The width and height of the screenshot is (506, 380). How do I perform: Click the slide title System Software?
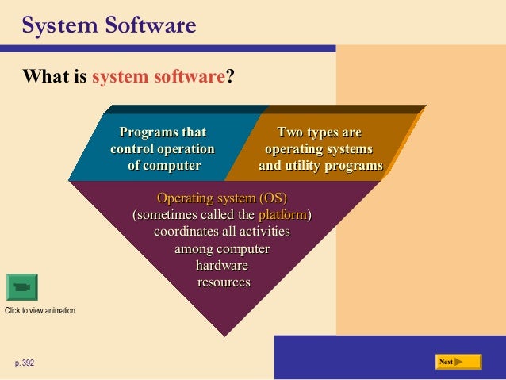109,26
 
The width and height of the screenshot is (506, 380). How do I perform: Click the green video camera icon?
21,286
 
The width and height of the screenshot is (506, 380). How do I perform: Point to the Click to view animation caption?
40,310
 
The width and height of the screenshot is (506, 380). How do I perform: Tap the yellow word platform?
282,214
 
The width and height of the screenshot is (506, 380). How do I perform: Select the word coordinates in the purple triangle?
186,232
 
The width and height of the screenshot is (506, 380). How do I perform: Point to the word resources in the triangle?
223,282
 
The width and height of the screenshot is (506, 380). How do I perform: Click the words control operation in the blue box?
162,148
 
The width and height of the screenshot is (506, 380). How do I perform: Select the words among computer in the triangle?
221,248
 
